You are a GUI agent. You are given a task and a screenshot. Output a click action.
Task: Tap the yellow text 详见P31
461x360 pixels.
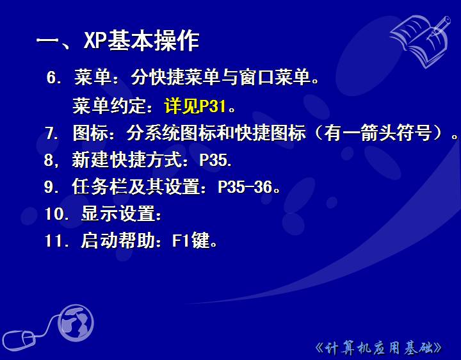pyautogui.click(x=195, y=106)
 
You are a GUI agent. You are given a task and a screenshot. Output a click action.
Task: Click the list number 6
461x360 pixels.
pyautogui.click(x=54, y=78)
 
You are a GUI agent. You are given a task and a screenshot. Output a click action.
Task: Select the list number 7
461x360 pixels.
pyautogui.click(x=52, y=133)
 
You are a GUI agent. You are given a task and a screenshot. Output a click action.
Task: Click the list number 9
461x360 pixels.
pyautogui.click(x=52, y=187)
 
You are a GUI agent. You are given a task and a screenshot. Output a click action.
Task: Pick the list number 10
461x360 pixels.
pyautogui.click(x=57, y=214)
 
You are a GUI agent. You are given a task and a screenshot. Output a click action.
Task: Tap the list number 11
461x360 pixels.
pyautogui.click(x=57, y=241)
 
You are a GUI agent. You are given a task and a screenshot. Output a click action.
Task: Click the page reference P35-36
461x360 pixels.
pyautogui.click(x=245, y=187)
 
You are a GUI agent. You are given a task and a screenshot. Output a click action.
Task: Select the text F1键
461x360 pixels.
pyautogui.click(x=191, y=240)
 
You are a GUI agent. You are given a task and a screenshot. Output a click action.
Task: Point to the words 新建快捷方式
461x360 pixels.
pyautogui.click(x=127, y=160)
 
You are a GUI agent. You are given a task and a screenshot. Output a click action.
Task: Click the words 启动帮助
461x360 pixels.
pyautogui.click(x=118, y=240)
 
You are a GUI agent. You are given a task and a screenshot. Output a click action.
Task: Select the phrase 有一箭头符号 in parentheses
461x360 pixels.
pyautogui.click(x=378, y=133)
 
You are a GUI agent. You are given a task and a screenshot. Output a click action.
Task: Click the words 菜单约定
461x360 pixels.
pyautogui.click(x=109, y=106)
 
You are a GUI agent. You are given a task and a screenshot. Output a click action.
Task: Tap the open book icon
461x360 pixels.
pyautogui.click(x=421, y=40)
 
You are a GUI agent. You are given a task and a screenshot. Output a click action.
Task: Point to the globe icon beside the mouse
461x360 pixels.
pyautogui.click(x=76, y=323)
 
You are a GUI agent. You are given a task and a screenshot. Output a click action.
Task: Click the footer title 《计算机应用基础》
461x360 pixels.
pyautogui.click(x=378, y=348)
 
